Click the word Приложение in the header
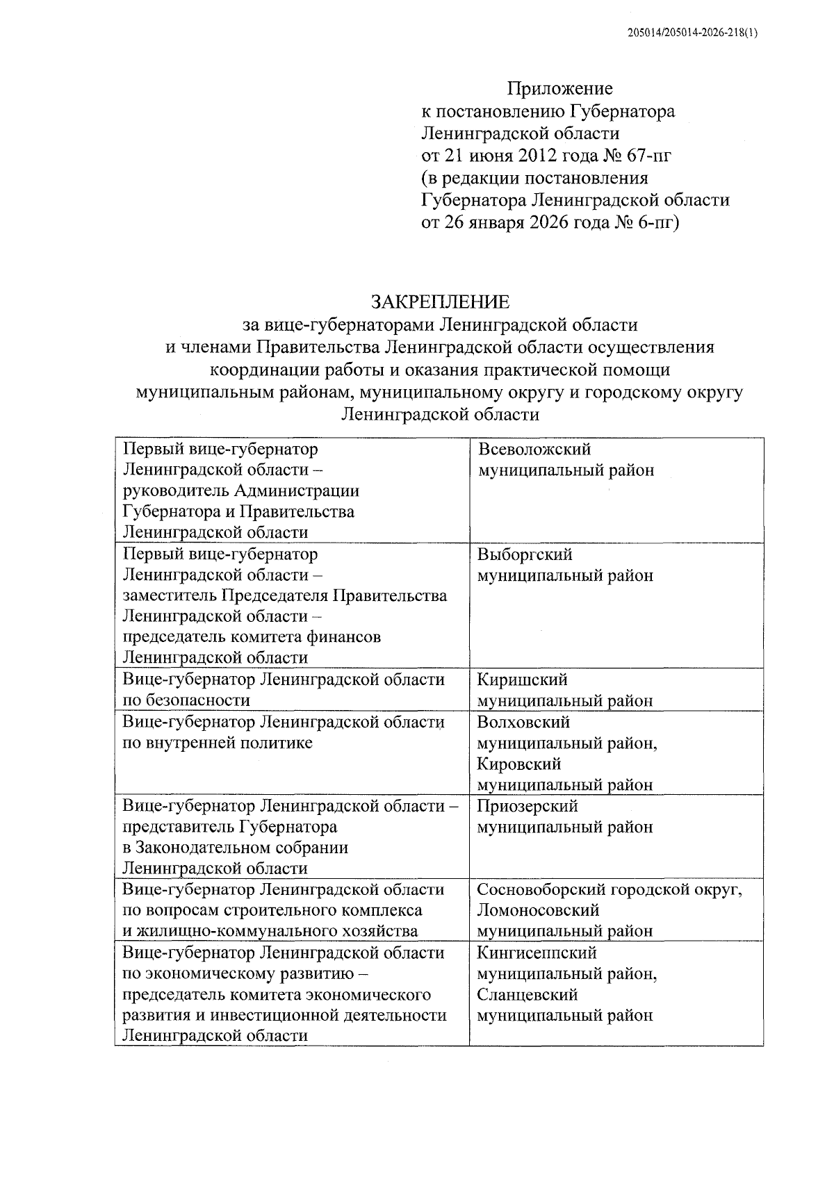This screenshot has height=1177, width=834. click(559, 89)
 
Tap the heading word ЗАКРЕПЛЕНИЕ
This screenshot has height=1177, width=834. click(441, 302)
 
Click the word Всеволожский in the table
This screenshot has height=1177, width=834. click(534, 450)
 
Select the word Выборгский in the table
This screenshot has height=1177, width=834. click(525, 554)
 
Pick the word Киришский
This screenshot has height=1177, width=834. click(522, 680)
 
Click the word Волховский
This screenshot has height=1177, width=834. click(523, 722)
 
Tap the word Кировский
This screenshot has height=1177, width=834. click(519, 764)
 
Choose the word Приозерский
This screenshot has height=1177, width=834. click(528, 806)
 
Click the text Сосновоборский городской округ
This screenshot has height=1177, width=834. click(610, 890)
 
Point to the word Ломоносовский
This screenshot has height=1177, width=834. click(538, 910)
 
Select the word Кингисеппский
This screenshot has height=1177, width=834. click(537, 953)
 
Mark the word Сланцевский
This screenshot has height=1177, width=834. click(528, 994)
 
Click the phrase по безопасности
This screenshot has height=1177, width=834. click(186, 700)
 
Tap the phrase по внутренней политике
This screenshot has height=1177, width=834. click(218, 743)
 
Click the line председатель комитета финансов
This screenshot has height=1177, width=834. click(252, 637)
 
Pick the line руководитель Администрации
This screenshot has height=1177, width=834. click(241, 491)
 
